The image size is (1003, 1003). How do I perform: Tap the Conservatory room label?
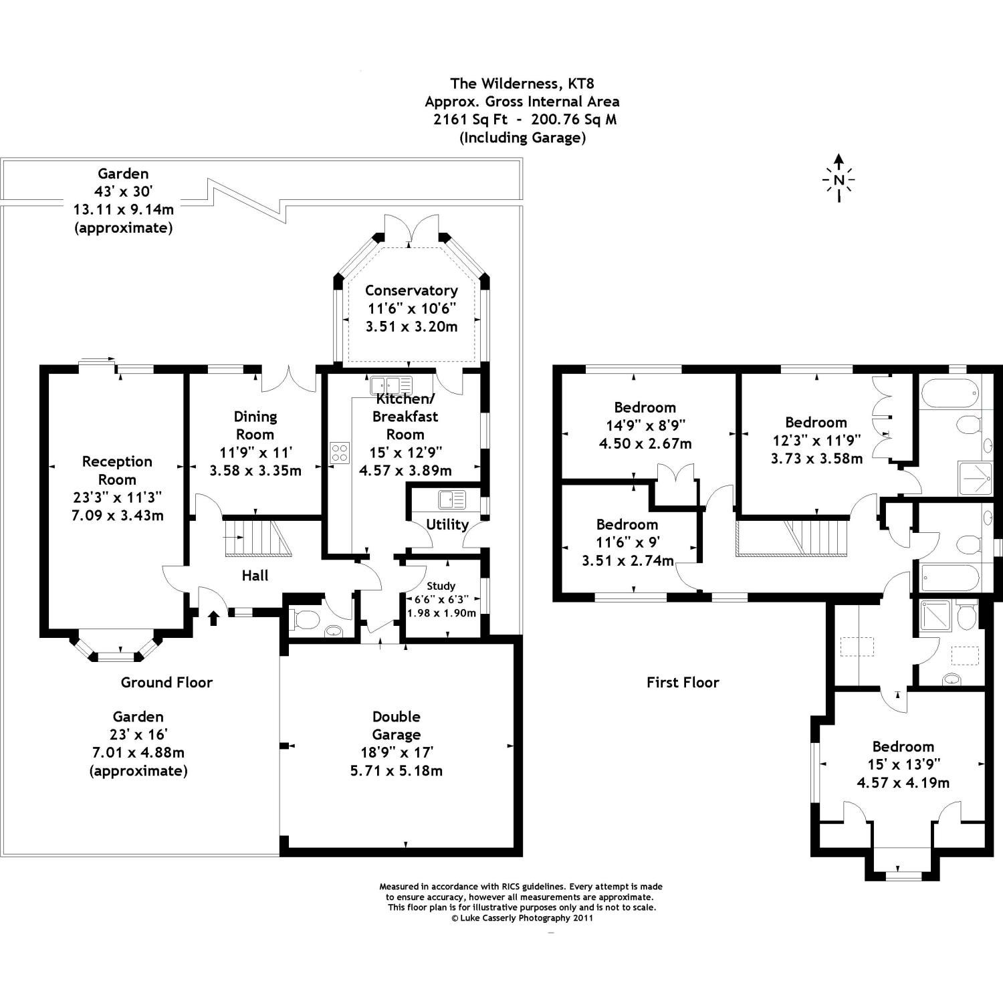[x=411, y=291]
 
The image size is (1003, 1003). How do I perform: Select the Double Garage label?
[x=396, y=726]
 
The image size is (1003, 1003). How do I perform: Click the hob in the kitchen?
[x=340, y=453]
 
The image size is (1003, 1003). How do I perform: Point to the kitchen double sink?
[x=391, y=385]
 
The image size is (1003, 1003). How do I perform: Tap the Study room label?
[x=441, y=586]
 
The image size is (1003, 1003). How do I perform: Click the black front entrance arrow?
[x=214, y=617]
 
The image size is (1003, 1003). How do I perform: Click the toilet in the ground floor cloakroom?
[x=305, y=620]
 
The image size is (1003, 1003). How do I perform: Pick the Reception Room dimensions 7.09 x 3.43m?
[x=117, y=516]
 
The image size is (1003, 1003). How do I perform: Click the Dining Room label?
[x=255, y=425]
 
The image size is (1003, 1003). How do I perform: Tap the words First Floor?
[x=683, y=682]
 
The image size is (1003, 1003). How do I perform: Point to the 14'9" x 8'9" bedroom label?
[x=645, y=407]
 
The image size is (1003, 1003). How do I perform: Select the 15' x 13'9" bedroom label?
[x=903, y=746]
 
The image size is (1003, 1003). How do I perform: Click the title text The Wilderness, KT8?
[x=522, y=84]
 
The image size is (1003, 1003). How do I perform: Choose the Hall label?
[x=255, y=575]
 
